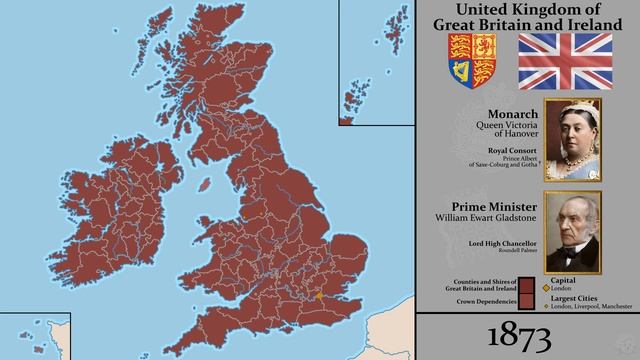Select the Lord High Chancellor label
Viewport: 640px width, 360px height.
click(x=497, y=243)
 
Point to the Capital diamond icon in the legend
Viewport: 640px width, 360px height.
click(x=546, y=288)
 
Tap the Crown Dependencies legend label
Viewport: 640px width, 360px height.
click(x=479, y=300)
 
